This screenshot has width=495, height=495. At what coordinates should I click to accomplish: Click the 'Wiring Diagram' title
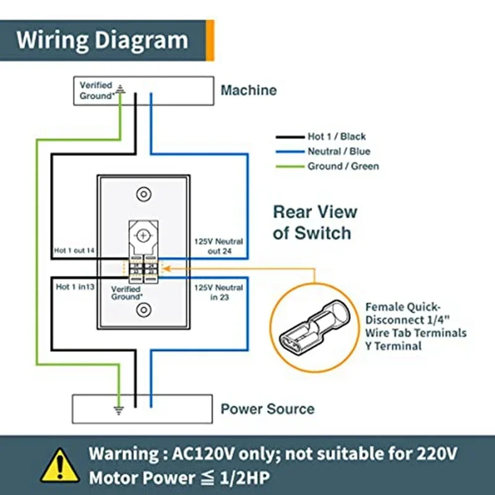click(102, 40)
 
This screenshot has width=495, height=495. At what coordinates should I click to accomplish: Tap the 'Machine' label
click(249, 90)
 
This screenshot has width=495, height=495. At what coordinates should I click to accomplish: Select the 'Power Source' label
click(267, 409)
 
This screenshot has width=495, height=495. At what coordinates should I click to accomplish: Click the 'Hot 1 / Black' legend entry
click(337, 137)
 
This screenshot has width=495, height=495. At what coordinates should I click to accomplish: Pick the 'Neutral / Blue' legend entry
click(338, 152)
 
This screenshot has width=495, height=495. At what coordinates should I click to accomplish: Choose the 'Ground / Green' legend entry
click(343, 166)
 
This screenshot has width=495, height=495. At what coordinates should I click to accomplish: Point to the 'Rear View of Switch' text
click(315, 222)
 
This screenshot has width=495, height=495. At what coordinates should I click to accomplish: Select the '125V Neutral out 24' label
click(219, 246)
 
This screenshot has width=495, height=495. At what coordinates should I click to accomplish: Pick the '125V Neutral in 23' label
click(219, 293)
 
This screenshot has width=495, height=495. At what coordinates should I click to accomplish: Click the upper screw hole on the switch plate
click(144, 193)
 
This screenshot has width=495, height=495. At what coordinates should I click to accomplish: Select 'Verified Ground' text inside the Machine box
click(96, 90)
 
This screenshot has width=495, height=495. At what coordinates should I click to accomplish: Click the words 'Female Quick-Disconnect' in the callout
click(403, 313)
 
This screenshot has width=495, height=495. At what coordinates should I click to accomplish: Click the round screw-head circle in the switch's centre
click(144, 236)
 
